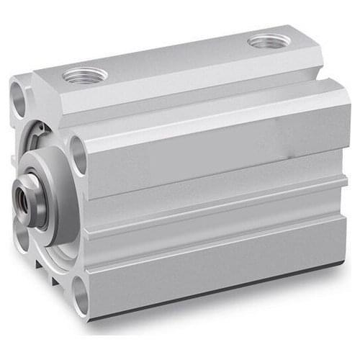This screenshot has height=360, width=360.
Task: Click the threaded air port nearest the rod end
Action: coord(85,74)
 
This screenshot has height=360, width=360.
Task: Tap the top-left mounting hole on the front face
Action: coord(18,99)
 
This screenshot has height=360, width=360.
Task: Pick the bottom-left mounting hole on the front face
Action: coord(22,234)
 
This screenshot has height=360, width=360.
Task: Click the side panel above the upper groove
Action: coord(216,140)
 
